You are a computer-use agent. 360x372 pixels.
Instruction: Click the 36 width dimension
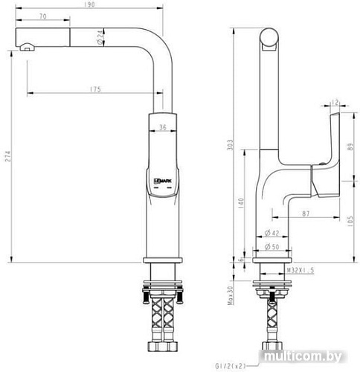click(163, 127)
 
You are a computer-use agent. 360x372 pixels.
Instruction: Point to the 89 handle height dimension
click(351, 147)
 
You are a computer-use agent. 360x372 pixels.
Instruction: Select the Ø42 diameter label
click(271, 234)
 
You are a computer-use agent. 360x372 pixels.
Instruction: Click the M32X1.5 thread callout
click(300, 271)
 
